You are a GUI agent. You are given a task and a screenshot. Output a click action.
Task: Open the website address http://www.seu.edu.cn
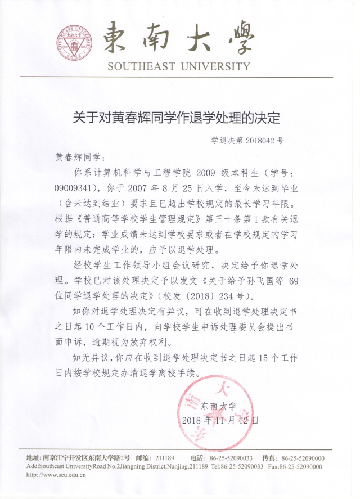(56, 475)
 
